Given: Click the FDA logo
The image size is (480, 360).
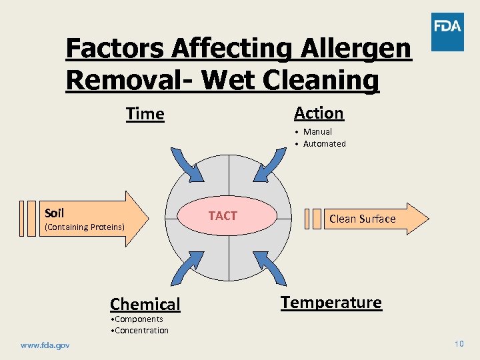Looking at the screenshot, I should (447, 32).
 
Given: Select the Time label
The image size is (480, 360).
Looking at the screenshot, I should (145, 114).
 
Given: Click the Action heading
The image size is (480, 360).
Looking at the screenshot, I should (319, 113).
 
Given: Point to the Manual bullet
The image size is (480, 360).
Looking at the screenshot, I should (317, 132).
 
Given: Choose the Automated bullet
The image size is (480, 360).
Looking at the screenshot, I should (324, 144).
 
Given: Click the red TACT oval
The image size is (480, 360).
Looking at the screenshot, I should (223, 216).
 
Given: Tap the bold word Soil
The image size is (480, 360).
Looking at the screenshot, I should (54, 213).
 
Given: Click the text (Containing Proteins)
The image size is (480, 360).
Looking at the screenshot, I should (84, 227).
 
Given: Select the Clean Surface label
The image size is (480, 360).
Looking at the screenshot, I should (362, 219).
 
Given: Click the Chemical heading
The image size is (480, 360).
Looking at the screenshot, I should (145, 305).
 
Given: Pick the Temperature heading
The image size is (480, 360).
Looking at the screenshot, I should (331, 303).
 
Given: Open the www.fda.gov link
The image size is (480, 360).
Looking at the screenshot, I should (45, 345).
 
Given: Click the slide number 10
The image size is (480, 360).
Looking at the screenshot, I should (459, 344).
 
